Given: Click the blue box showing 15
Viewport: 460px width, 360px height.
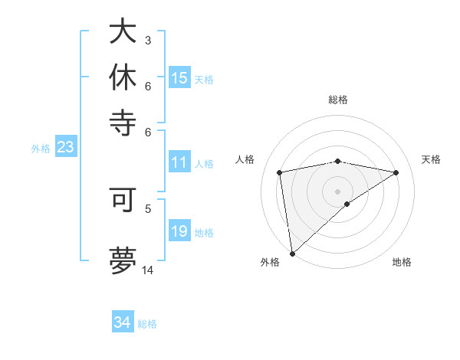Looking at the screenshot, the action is tap(179, 78).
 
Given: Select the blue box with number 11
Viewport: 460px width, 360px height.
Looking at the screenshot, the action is tap(179, 162).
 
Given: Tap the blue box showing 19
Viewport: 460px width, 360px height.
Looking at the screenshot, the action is tap(179, 231).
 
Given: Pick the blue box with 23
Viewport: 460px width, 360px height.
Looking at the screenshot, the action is tap(65, 147).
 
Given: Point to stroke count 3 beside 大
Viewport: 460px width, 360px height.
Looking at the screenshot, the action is tap(148, 40).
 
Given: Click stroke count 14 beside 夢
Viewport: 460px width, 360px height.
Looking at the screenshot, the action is tap(148, 270).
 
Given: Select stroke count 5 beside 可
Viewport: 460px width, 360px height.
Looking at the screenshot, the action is tap(148, 207).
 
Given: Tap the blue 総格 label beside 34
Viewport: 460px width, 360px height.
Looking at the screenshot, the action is tap(147, 324).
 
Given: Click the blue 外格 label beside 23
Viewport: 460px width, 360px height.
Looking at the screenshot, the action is tap(40, 149).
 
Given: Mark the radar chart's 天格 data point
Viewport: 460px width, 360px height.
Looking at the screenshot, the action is tap(396, 172).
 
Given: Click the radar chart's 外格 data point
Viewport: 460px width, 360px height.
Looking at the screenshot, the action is tap(292, 253).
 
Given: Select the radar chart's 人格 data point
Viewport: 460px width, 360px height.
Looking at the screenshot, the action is tap(280, 172).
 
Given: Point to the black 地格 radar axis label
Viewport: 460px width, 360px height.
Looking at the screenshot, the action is tap(402, 263).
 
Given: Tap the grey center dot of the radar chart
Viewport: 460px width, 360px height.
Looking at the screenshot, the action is tap(338, 190).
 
